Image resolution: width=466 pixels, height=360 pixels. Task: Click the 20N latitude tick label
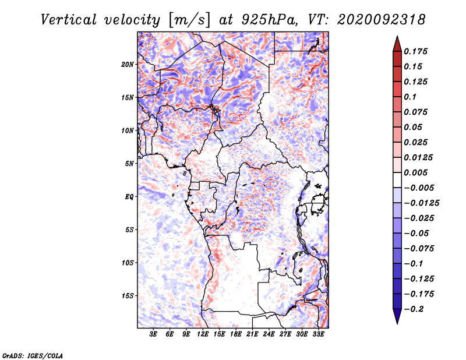click(128, 64)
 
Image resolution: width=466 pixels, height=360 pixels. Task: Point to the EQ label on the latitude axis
click(129, 197)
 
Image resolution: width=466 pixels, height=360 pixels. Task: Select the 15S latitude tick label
click(128, 296)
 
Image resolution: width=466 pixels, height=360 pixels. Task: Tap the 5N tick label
click(129, 164)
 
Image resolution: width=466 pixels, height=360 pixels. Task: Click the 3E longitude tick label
click(154, 335)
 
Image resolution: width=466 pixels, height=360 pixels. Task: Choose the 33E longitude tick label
click(318, 335)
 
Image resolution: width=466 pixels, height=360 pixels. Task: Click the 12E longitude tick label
click(203, 335)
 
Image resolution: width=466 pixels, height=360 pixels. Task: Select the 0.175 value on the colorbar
click(416, 51)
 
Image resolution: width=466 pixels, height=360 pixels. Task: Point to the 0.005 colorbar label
click(416, 172)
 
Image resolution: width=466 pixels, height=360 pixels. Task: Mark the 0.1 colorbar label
click(411, 97)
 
